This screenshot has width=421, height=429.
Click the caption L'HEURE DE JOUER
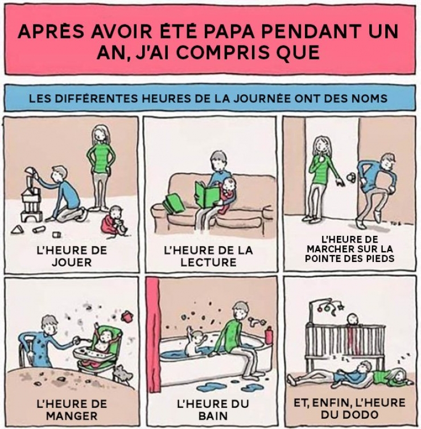(72, 256)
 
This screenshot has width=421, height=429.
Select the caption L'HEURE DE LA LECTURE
(208, 256)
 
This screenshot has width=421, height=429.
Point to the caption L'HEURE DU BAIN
(213, 410)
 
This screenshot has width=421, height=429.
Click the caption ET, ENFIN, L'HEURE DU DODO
(350, 409)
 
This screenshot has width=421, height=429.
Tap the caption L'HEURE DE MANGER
(72, 410)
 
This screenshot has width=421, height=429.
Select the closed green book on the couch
(173, 203)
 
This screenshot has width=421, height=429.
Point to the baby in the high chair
(103, 341)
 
